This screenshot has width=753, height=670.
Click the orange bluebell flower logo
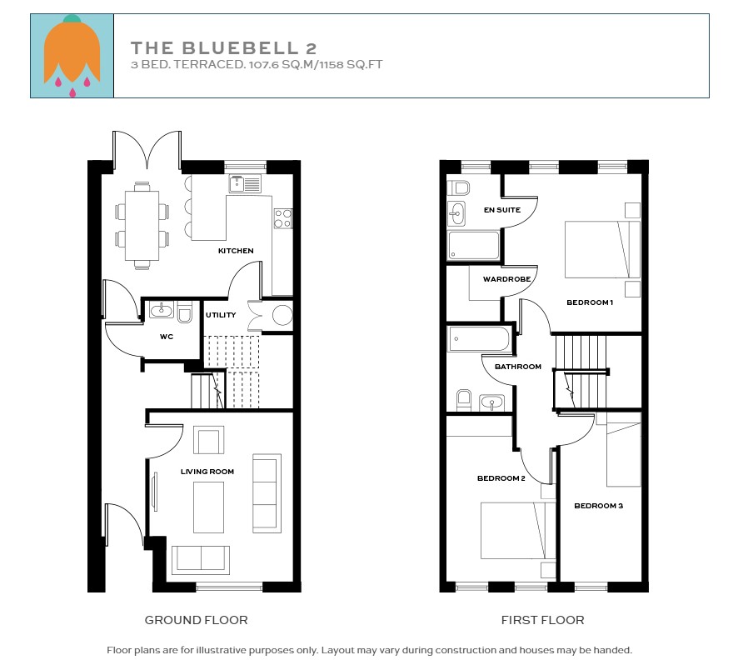72,55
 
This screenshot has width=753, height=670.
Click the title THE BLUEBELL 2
223,48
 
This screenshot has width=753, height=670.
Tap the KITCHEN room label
236,251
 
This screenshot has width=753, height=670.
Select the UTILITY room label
221,315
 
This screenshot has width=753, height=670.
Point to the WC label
167,337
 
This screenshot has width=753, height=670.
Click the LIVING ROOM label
207,472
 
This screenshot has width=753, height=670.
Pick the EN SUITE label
502,210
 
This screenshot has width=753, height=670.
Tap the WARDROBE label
502,279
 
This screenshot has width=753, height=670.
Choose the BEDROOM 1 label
590,302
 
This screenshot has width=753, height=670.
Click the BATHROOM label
518,367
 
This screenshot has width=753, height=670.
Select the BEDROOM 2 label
501,478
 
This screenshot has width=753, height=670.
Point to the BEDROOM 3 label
598,506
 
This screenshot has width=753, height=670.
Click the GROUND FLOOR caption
196,620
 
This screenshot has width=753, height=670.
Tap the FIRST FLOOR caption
542,620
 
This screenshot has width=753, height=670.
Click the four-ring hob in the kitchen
282,217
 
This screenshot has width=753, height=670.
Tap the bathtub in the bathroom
478,339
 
